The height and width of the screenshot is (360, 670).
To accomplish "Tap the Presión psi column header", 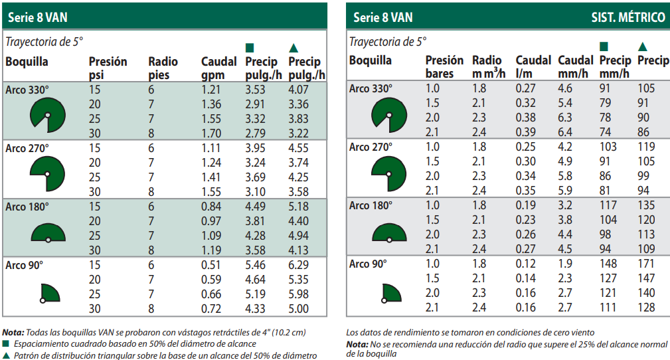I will (108, 68).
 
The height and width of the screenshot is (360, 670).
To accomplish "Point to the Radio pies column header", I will (163, 68).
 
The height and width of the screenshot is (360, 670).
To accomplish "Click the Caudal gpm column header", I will (218, 68).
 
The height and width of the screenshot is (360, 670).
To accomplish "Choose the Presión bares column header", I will (444, 66).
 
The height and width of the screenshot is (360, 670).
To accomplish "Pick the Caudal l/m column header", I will (533, 66).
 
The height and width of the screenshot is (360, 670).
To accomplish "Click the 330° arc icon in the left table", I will (46, 114).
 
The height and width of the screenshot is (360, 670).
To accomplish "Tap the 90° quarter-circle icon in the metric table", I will (392, 294).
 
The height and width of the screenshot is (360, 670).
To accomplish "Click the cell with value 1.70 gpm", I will (211, 133).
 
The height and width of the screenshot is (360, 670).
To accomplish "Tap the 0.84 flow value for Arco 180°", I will (211, 207).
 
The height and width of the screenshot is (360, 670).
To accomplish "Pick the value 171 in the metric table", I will (646, 264).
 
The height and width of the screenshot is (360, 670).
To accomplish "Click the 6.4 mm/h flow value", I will (565, 132).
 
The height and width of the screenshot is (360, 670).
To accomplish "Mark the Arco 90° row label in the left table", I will (25, 264).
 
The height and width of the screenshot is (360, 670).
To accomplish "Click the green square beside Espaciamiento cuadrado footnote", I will (6, 343).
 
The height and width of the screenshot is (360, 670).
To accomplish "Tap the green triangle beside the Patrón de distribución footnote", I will (6, 355).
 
